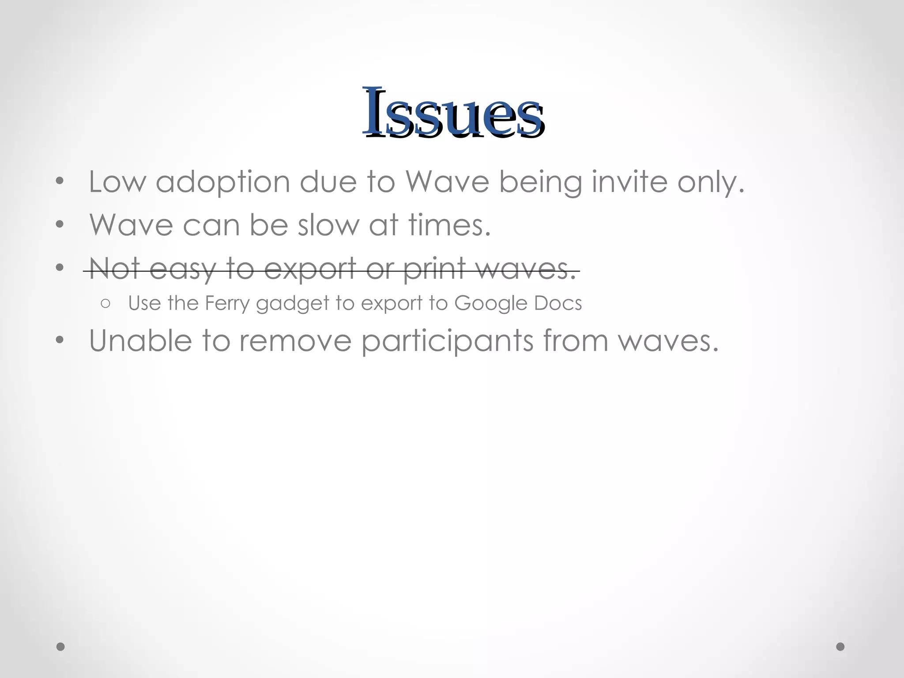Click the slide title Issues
[x=453, y=113]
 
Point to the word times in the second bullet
[x=449, y=225]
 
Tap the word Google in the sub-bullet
[x=490, y=304]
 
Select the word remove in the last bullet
[x=294, y=341]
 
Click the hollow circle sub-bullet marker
[x=105, y=304]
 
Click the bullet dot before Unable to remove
[x=60, y=340]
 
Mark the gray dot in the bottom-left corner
[x=60, y=647]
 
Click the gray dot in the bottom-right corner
[x=840, y=647]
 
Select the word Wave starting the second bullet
[x=131, y=225]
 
